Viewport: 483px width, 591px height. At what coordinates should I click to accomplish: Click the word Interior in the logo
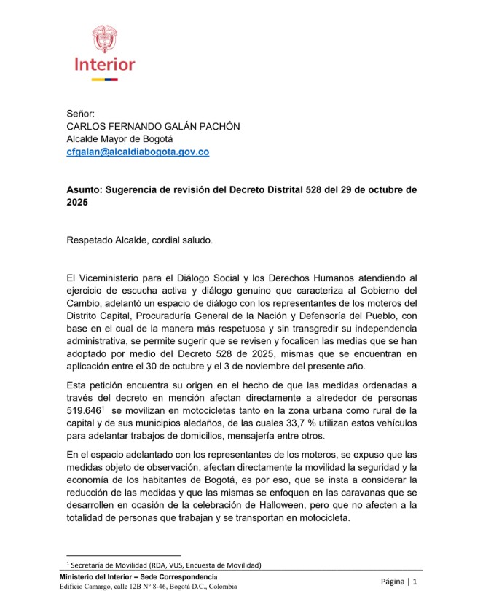coord(104,64)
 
